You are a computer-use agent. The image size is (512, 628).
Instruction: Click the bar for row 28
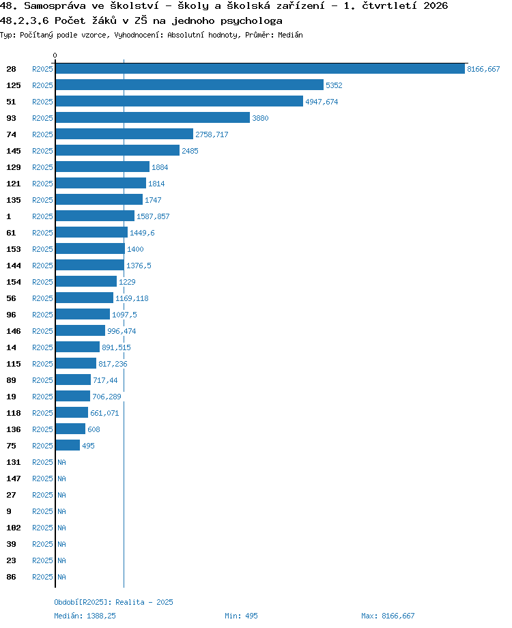pyautogui.click(x=260, y=68)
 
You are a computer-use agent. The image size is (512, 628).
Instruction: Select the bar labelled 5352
pyautogui.click(x=190, y=85)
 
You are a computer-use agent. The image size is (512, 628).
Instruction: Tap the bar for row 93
pyautogui.click(x=153, y=117)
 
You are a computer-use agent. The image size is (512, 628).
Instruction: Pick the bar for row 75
pyautogui.click(x=68, y=445)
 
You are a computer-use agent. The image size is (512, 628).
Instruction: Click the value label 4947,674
pyautogui.click(x=322, y=102)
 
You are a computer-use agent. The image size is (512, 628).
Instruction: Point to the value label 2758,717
pyautogui.click(x=212, y=134)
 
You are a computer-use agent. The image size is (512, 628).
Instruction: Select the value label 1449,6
pyautogui.click(x=142, y=233)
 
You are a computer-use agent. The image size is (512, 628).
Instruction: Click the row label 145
pyautogui.click(x=13, y=151)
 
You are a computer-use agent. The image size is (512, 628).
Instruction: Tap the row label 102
pyautogui.click(x=13, y=528)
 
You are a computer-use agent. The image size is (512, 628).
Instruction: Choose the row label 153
pyautogui.click(x=13, y=249)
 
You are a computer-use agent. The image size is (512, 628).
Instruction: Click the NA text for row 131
pyautogui.click(x=61, y=462)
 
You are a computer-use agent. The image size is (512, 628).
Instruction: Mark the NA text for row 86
pyautogui.click(x=61, y=577)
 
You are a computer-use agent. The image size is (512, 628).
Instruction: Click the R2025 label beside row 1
pyautogui.click(x=42, y=216)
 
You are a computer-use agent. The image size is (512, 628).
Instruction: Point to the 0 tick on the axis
pyautogui.click(x=55, y=55)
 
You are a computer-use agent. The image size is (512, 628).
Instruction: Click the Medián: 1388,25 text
pyautogui.click(x=85, y=616)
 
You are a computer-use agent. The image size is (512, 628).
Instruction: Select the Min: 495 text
pyautogui.click(x=241, y=616)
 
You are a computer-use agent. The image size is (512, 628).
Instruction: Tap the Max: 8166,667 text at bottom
pyautogui.click(x=388, y=616)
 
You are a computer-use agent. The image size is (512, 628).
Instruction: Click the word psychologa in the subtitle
pyautogui.click(x=251, y=21)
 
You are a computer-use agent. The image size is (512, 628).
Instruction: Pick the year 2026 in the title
pyautogui.click(x=436, y=5)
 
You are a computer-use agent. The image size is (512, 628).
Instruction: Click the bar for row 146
pyautogui.click(x=80, y=331)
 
